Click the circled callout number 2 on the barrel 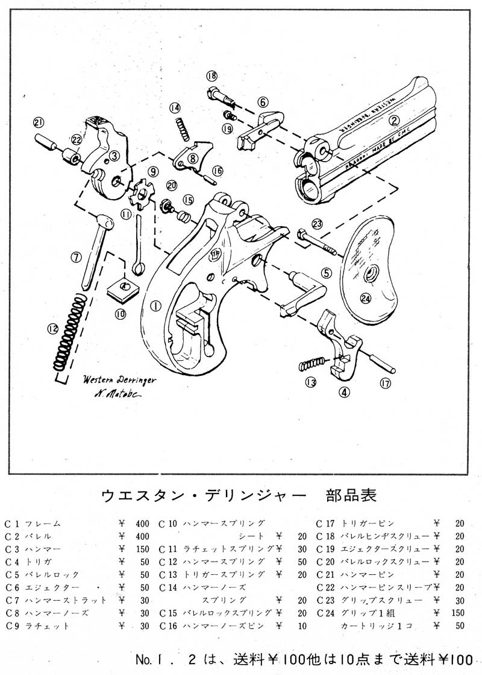click(395, 120)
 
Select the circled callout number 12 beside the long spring click(54, 329)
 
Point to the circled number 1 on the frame click(155, 306)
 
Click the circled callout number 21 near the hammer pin click(39, 122)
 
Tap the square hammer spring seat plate click(124, 288)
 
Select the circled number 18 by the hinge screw click(211, 76)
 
